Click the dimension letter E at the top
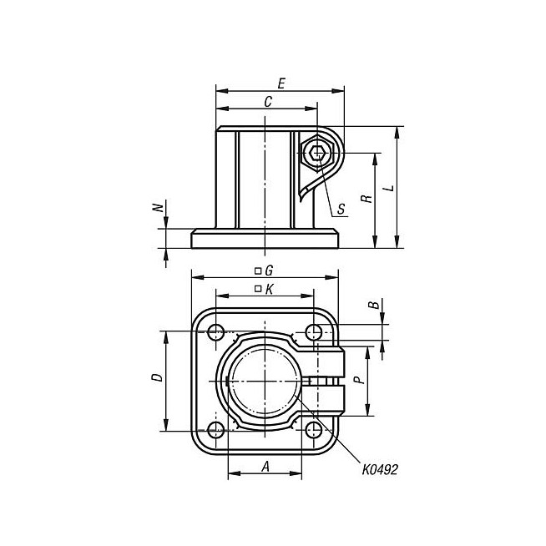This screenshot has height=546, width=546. [281, 83]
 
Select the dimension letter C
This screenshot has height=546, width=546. [268, 102]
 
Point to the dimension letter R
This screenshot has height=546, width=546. [367, 199]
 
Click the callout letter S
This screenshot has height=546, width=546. [341, 209]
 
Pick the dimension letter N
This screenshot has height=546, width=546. [159, 208]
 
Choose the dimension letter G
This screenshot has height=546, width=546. [269, 270]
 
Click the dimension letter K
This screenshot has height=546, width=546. [269, 289]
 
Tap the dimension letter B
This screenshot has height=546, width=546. [374, 305]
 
